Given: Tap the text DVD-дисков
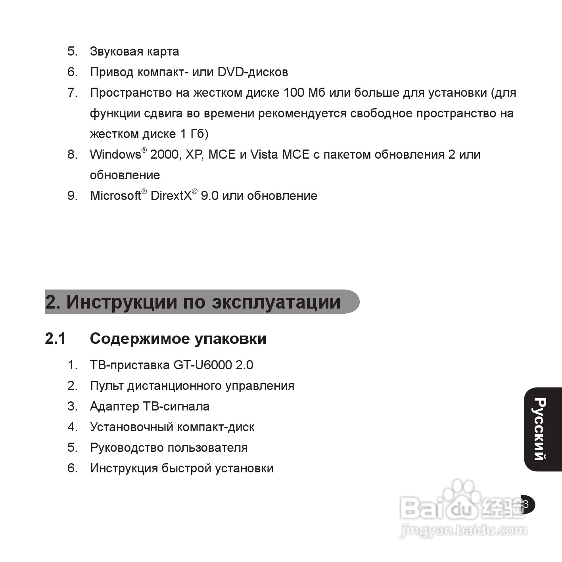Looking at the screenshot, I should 253,72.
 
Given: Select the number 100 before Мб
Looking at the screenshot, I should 293,93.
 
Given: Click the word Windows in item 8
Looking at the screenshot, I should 115,154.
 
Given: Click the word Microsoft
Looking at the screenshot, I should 115,196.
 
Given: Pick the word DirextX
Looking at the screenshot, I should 171,196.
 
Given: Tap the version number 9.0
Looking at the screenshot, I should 209,196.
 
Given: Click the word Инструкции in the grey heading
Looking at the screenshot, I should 122,302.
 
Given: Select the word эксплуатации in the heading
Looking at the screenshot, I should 276,302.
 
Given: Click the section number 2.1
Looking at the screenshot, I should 56,339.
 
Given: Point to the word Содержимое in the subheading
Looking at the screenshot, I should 140,339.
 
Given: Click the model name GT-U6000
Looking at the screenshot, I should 202,365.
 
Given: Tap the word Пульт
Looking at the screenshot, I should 107,386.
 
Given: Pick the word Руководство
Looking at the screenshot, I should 127,448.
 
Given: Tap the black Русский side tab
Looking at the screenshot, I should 542,429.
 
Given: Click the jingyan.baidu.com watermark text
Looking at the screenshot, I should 463,530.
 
